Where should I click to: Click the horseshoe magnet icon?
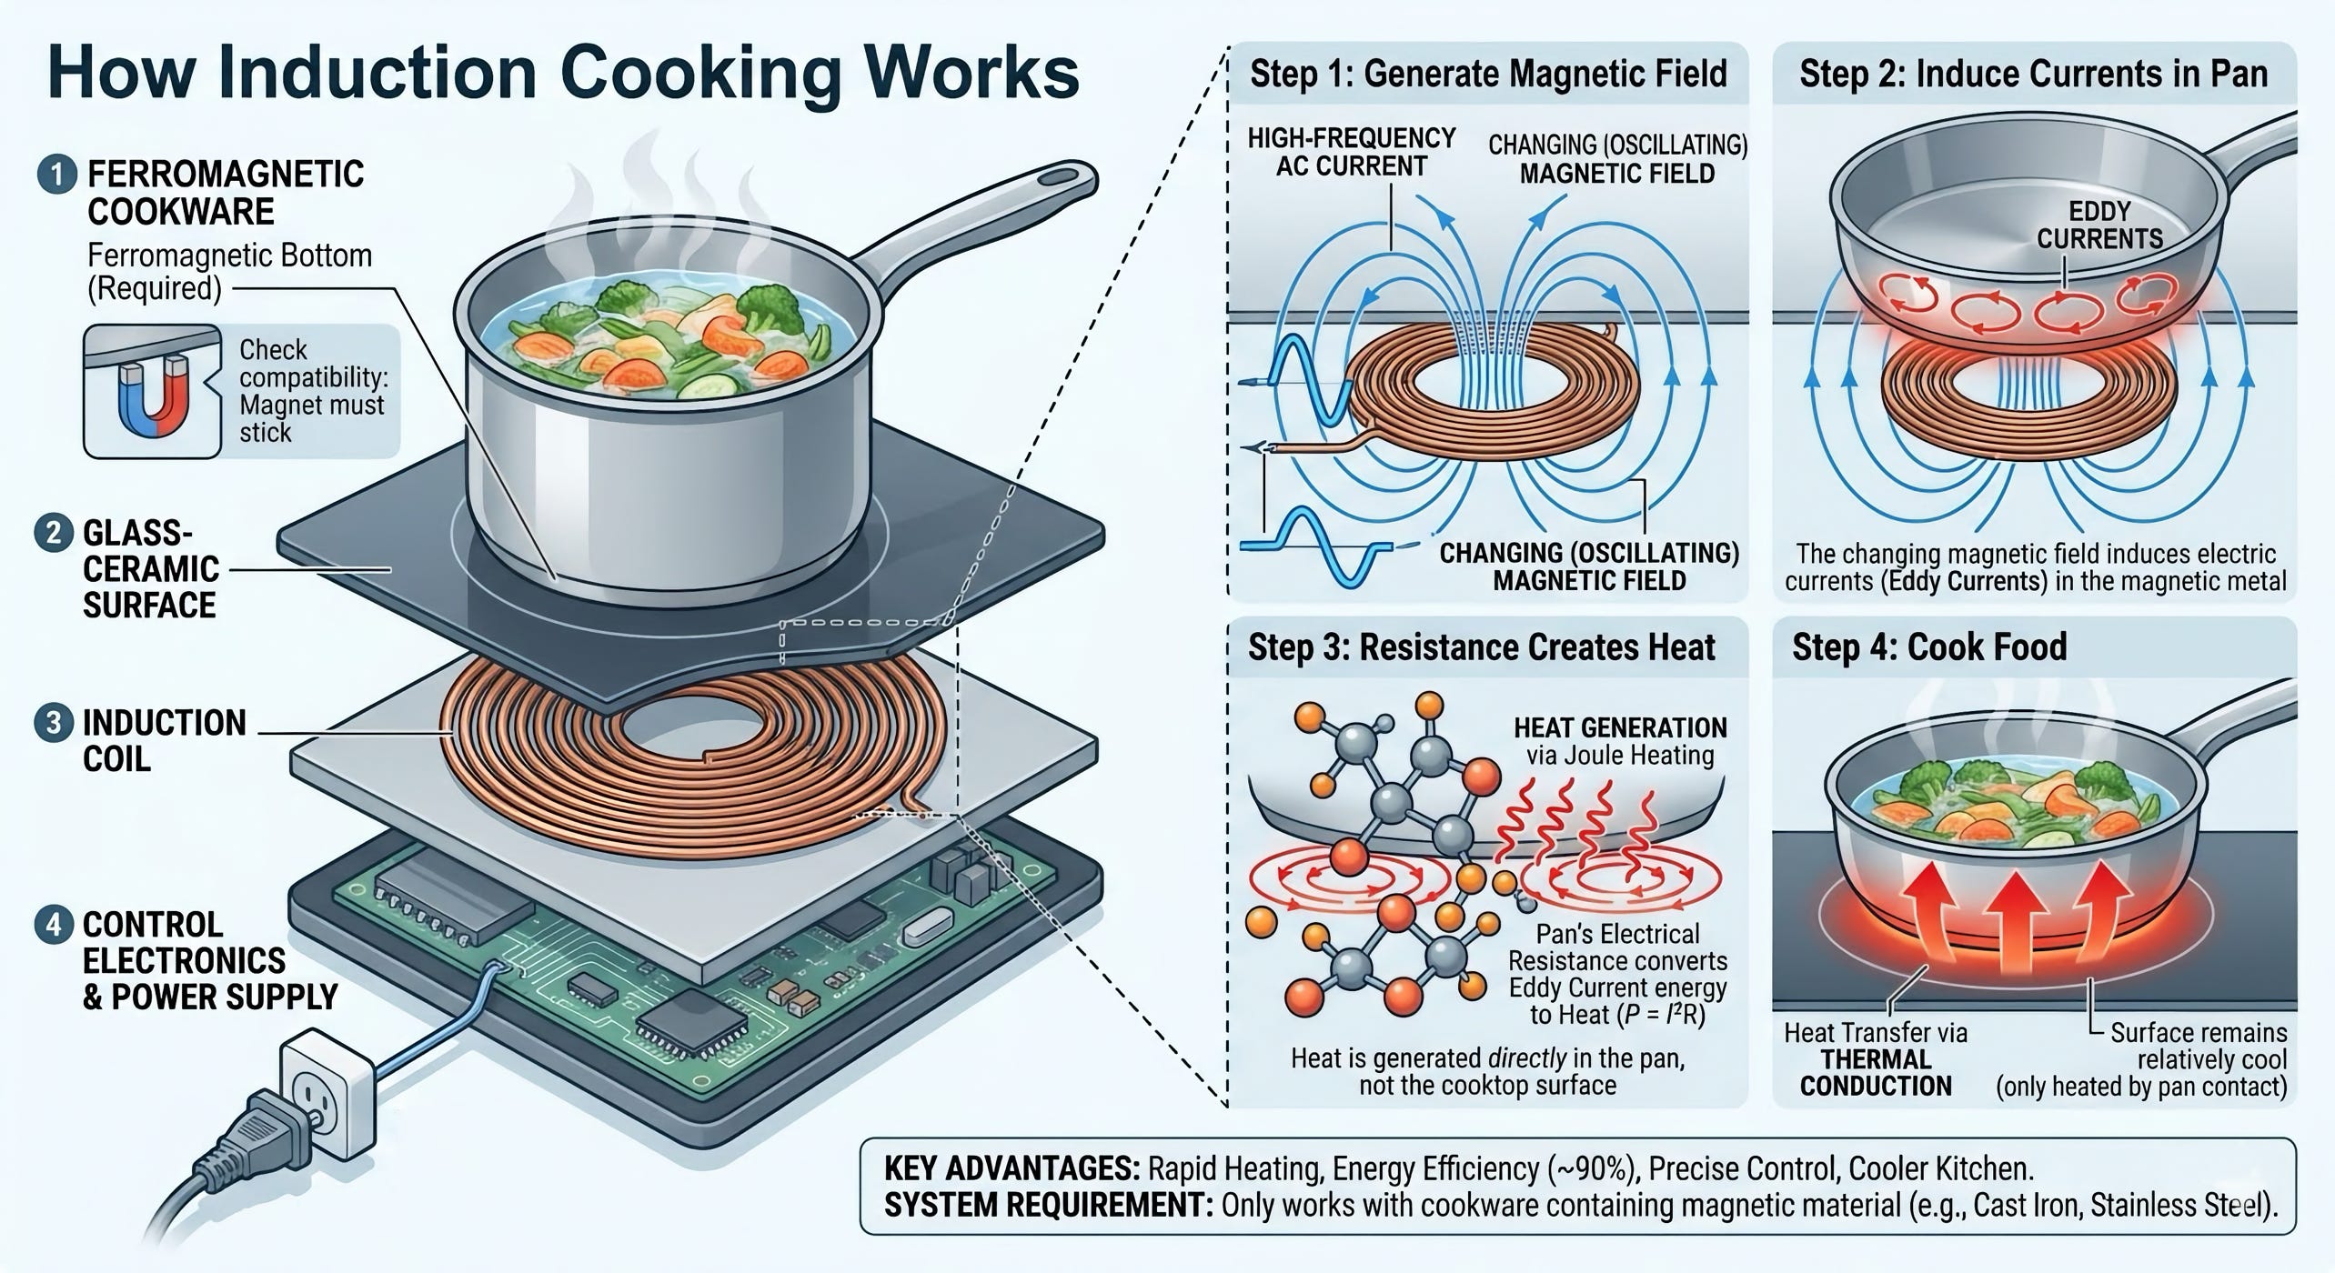(153, 397)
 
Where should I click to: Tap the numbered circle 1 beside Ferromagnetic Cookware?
(56, 174)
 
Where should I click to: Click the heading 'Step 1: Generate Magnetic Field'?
(1488, 74)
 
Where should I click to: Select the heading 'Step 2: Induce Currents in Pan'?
(2034, 74)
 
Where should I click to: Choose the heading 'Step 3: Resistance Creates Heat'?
(1481, 647)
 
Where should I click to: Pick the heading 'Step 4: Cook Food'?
(1929, 647)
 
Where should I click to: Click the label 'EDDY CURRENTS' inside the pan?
(2099, 226)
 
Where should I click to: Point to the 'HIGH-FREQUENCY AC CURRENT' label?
(1351, 152)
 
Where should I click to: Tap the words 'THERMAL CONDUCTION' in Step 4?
(1876, 1073)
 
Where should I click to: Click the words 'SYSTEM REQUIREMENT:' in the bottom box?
(1048, 1206)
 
